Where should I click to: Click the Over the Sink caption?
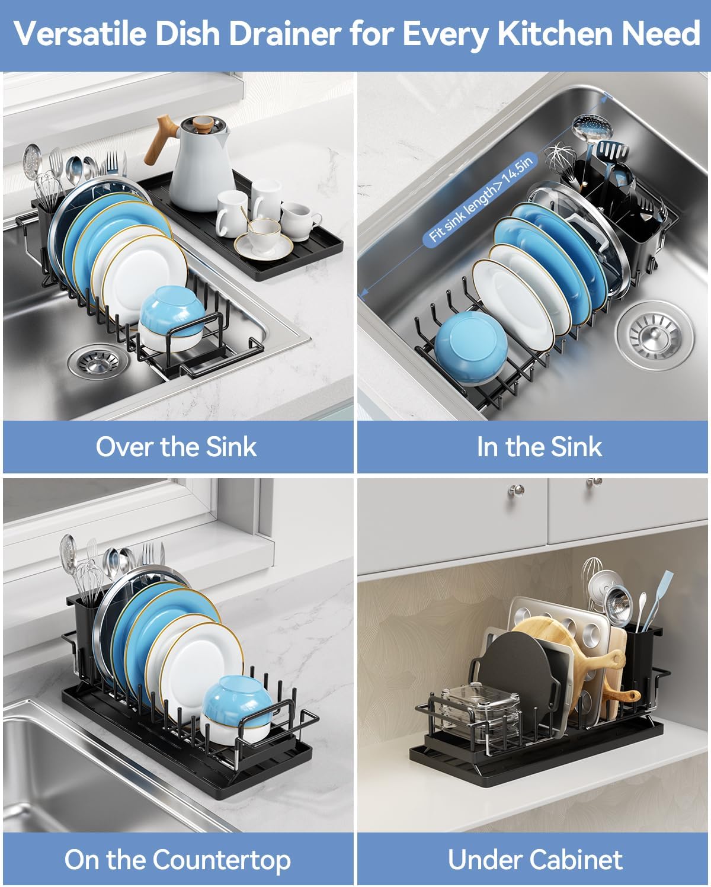click(x=177, y=447)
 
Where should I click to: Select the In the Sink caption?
click(x=539, y=447)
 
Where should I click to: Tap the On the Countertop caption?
click(x=177, y=860)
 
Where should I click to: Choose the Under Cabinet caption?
click(x=535, y=860)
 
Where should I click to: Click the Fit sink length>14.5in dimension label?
click(x=481, y=198)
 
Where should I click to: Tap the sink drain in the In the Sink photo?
click(x=654, y=335)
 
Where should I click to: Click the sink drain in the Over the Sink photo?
click(x=97, y=360)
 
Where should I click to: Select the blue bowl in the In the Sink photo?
click(x=471, y=348)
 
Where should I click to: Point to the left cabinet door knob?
click(x=516, y=490)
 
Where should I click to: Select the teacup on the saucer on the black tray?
click(x=265, y=233)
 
